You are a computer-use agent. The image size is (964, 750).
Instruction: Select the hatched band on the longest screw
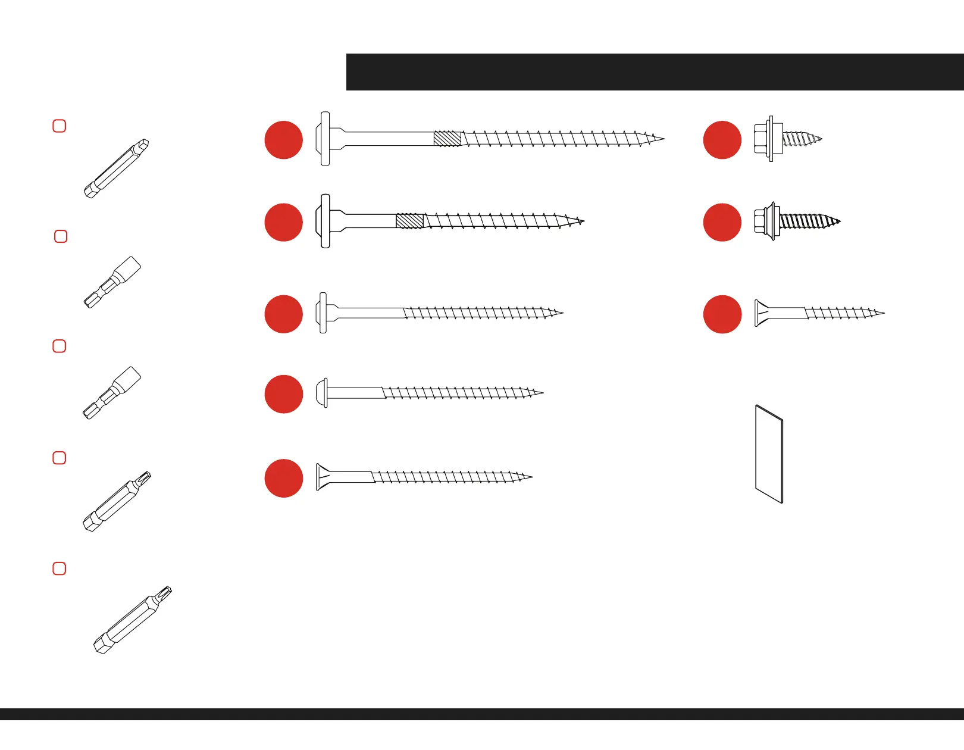[x=447, y=139]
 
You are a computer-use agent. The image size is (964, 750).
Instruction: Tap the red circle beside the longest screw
[x=284, y=140]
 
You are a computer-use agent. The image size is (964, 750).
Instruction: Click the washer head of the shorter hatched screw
[x=325, y=221]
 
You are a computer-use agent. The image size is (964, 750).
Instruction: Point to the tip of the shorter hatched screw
[x=583, y=221]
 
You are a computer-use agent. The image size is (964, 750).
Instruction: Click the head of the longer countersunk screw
[x=321, y=477]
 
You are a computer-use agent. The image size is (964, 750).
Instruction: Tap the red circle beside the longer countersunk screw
[x=284, y=478]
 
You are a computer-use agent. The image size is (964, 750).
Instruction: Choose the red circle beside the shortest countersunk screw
[x=722, y=314]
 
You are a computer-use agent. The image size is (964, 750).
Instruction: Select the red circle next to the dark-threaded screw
[x=722, y=222]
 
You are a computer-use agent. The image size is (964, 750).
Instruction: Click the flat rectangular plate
[x=769, y=455]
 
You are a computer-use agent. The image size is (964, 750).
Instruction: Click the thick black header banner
[x=655, y=72]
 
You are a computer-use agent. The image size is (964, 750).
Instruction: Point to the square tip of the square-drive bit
[x=145, y=143]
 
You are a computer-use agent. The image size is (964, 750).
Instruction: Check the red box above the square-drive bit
[x=60, y=126]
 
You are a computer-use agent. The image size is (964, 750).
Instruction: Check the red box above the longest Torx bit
[x=60, y=568]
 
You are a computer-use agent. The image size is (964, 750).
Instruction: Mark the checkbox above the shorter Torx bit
[x=60, y=458]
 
